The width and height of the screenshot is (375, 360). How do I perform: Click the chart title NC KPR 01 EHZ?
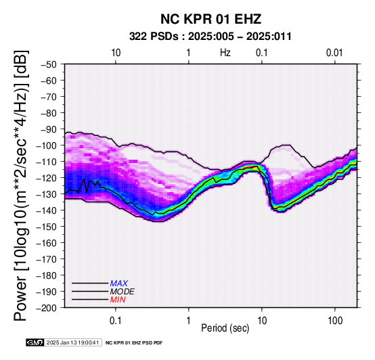point(211,19)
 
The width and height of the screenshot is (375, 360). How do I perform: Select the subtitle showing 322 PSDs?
point(211,37)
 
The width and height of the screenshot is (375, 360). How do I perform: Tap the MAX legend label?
point(119,284)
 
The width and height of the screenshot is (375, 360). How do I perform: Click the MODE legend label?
point(123,292)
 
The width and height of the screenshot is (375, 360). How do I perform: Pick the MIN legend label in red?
point(118,300)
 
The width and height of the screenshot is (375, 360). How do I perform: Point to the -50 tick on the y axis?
point(49,64)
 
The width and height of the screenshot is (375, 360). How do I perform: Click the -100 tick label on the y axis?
point(47,145)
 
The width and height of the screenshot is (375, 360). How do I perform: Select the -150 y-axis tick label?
point(47,227)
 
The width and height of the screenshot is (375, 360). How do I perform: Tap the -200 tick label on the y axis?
point(47,308)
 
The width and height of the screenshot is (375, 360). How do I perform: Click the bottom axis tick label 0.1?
point(116,321)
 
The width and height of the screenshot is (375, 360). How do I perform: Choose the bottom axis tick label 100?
point(335,321)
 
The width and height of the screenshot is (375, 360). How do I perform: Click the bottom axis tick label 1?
point(189,321)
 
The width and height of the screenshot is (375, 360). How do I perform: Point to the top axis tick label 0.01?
point(334,53)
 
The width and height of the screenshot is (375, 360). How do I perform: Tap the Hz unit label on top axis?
point(225,53)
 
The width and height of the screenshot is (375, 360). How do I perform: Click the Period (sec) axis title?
point(225,328)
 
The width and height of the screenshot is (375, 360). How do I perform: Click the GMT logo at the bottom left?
point(35,342)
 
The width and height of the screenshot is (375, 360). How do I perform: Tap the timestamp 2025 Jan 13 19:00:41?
point(73,342)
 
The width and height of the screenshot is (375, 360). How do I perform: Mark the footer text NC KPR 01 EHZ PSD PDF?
point(134,343)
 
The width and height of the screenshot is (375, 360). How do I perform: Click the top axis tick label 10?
point(116,53)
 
